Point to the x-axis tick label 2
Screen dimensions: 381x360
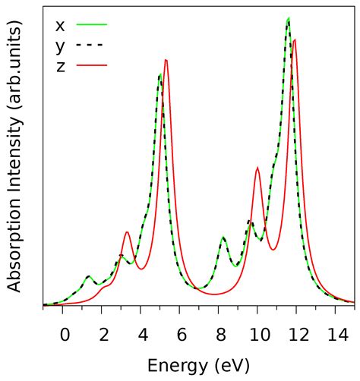103,333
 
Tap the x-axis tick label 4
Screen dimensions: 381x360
142,333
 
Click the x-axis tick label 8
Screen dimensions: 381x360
219,333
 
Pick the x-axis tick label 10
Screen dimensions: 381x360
257,333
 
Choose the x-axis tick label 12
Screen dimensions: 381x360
296,333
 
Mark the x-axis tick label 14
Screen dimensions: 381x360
335,333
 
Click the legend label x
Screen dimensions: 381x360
60,25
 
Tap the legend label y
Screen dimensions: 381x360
60,46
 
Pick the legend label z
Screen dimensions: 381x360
60,66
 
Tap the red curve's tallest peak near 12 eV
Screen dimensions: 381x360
295,39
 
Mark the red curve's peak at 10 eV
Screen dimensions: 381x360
258,168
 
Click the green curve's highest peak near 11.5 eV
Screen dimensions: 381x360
288,18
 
